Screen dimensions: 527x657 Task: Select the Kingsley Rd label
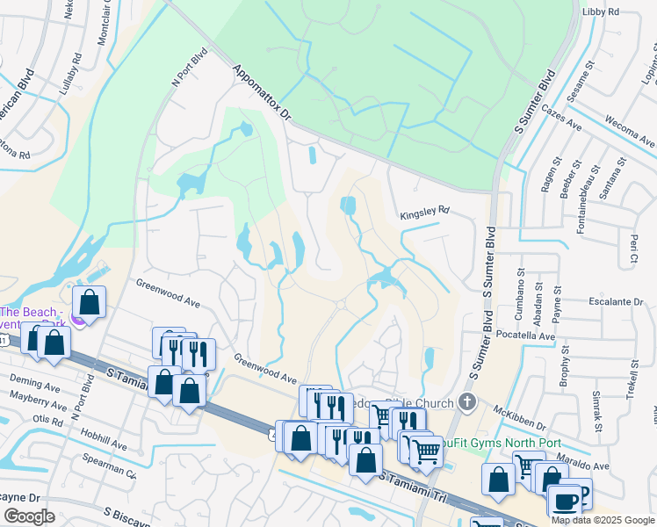click(x=424, y=212)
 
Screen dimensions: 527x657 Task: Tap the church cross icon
click(x=467, y=403)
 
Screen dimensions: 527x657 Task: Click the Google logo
click(x=30, y=516)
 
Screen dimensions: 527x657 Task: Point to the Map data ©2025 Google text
click(x=603, y=520)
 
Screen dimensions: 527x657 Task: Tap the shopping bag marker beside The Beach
click(x=90, y=302)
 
